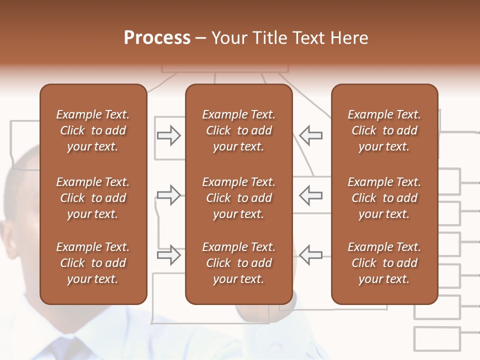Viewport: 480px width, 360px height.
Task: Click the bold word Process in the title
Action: tap(157, 38)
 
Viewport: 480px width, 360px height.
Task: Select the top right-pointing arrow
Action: tap(169, 135)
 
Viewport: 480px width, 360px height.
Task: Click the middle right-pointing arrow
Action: tap(169, 195)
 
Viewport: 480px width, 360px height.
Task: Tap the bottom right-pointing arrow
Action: tap(169, 255)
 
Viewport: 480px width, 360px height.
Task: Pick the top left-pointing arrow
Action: tap(310, 135)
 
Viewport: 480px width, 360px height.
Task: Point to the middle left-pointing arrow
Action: tap(310, 195)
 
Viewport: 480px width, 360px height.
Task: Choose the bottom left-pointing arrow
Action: tap(310, 255)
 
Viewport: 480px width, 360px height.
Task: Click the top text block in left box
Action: tap(93, 130)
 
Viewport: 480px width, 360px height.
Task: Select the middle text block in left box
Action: tap(93, 198)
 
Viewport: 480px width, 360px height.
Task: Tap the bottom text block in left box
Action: tap(93, 263)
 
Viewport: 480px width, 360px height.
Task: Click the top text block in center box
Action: tap(238, 130)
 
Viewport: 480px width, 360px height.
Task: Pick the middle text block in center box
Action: tap(238, 198)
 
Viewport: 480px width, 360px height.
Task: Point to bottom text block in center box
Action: tap(238, 263)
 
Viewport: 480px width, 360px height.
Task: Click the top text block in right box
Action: tap(384, 130)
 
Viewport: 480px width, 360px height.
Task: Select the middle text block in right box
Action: tap(384, 198)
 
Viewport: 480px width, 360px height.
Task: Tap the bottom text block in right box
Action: tap(384, 263)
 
